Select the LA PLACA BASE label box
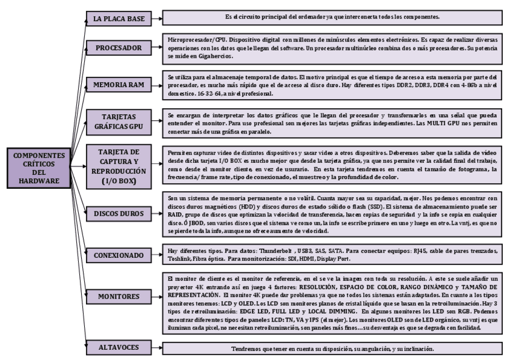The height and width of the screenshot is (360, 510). coord(114,19)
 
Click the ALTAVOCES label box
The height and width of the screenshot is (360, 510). coord(114,347)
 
